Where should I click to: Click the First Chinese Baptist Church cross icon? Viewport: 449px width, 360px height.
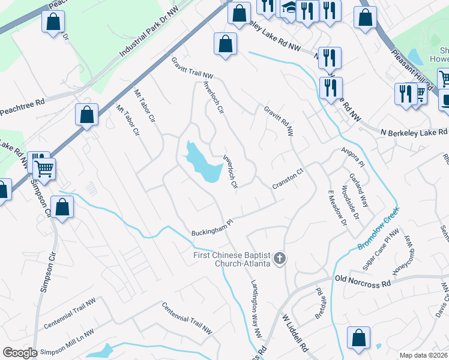pyautogui.click(x=279, y=259)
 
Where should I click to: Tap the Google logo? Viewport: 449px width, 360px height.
pyautogui.click(x=20, y=352)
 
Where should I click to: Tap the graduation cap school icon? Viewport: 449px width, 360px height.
pyautogui.click(x=288, y=10)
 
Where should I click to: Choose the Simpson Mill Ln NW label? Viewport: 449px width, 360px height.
pyautogui.click(x=65, y=341)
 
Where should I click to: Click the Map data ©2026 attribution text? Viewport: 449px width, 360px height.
pyautogui.click(x=424, y=355)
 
